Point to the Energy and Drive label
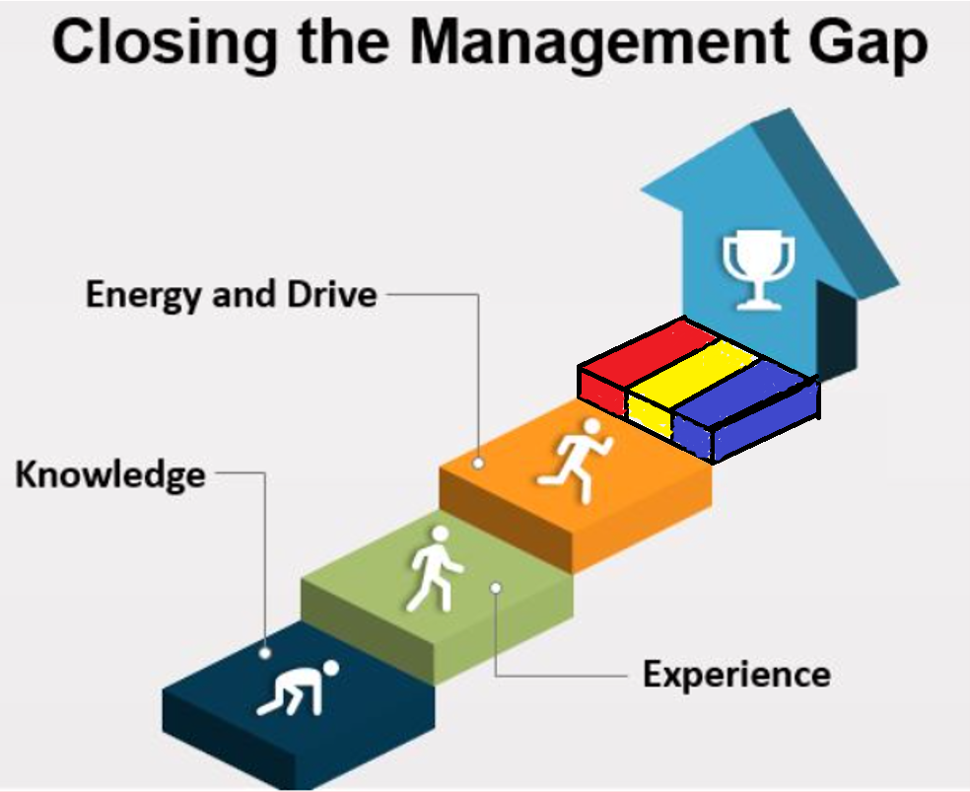click(x=231, y=294)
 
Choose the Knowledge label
click(x=110, y=474)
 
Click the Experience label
click(x=736, y=676)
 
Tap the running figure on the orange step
click(x=574, y=459)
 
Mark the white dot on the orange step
click(x=478, y=462)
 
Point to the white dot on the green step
click(x=495, y=588)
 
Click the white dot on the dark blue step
click(x=265, y=652)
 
